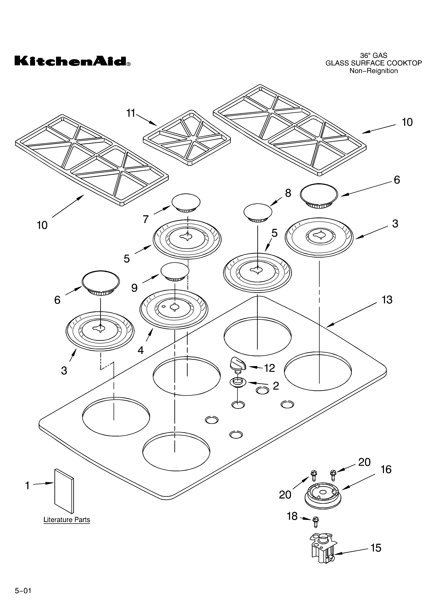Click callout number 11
pos(131,113)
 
